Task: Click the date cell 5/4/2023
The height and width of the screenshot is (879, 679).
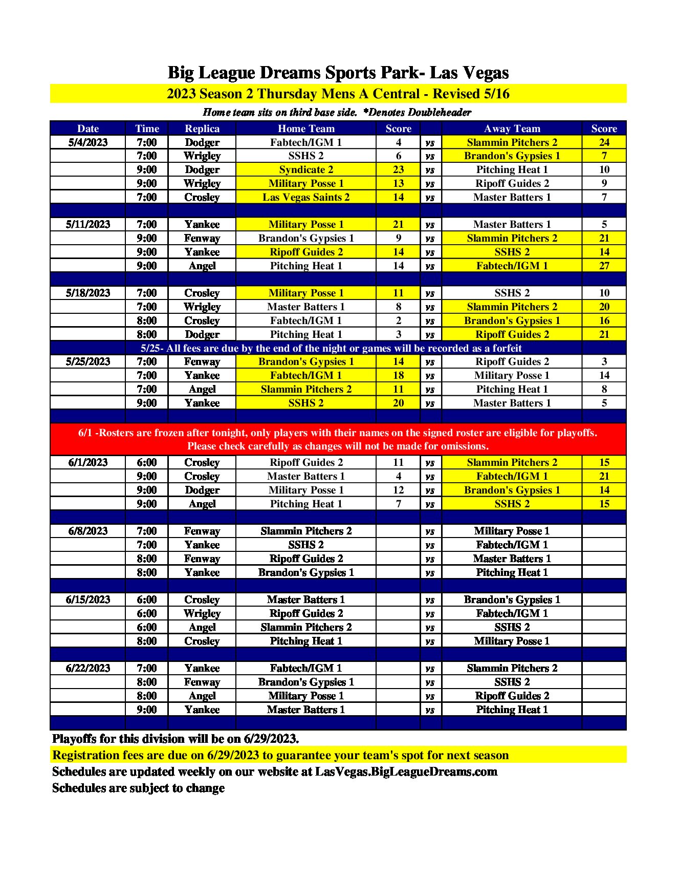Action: click(88, 142)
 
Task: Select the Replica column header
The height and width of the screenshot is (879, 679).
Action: click(202, 128)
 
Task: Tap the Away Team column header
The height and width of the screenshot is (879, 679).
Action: click(512, 128)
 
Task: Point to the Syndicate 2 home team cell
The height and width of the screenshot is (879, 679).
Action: click(306, 169)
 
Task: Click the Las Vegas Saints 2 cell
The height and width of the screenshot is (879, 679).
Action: click(306, 197)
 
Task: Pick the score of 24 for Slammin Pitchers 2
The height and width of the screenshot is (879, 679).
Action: click(604, 142)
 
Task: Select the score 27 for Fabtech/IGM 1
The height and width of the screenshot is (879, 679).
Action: click(604, 266)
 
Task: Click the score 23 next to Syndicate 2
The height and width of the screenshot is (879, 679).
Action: click(398, 169)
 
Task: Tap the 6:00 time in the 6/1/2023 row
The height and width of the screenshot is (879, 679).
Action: click(147, 462)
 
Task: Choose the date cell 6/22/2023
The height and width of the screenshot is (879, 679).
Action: click(88, 668)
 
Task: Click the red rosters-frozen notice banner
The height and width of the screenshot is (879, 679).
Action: click(338, 439)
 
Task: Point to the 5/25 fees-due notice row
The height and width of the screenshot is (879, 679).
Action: click(331, 348)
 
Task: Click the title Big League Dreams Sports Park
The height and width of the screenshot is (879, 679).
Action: click(338, 73)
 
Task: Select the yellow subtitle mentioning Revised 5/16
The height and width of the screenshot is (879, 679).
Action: click(338, 94)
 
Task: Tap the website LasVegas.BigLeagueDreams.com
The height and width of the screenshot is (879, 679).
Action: click(406, 771)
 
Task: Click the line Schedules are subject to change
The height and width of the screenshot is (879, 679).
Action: click(139, 788)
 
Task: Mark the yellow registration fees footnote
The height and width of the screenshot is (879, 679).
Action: click(280, 755)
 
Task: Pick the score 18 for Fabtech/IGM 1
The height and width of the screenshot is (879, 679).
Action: click(398, 375)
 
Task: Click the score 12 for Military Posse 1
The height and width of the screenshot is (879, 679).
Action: click(398, 490)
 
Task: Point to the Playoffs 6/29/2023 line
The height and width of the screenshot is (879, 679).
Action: click(176, 739)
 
